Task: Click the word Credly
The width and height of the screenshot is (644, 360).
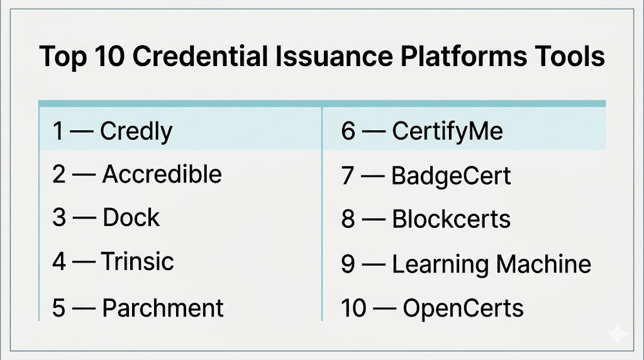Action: click(x=136, y=132)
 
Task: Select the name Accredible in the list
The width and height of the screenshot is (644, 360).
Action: click(x=162, y=174)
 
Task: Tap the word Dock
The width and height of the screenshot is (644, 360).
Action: click(x=131, y=217)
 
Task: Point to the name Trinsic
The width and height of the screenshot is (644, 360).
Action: click(x=138, y=261)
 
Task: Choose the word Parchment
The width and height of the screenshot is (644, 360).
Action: click(x=163, y=307)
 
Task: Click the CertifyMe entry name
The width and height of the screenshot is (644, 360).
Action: click(x=447, y=132)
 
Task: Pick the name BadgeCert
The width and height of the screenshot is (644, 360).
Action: click(x=451, y=176)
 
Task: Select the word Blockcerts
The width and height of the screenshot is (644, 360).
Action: click(x=451, y=218)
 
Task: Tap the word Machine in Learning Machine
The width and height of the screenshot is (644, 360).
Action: click(x=543, y=264)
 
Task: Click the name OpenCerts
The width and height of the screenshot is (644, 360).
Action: click(x=463, y=308)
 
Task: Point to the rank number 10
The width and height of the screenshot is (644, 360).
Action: click(x=353, y=308)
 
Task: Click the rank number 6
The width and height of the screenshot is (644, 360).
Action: click(x=348, y=132)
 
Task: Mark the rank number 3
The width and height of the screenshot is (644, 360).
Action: click(x=59, y=217)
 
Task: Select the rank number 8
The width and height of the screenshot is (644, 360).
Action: click(x=348, y=219)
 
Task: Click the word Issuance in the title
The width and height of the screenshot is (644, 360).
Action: click(x=334, y=56)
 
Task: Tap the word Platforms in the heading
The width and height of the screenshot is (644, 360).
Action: click(x=464, y=56)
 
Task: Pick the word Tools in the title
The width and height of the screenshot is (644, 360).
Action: click(x=569, y=56)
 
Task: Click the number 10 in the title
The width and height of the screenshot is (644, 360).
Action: click(x=109, y=56)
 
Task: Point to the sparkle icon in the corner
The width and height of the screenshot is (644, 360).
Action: click(x=618, y=334)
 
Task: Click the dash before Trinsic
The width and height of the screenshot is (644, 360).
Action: click(x=84, y=262)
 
